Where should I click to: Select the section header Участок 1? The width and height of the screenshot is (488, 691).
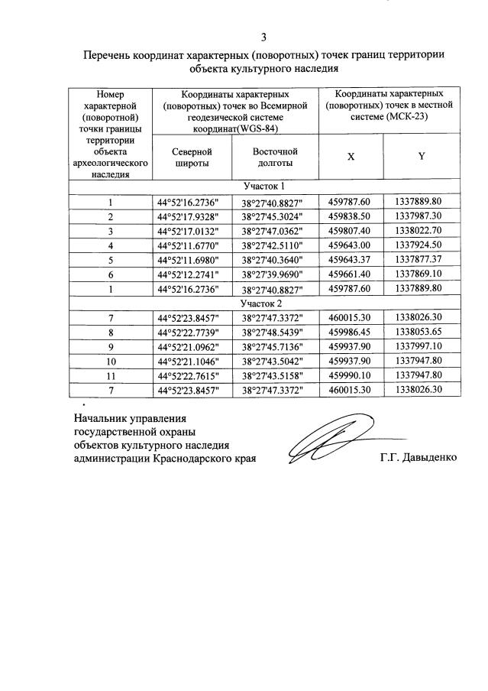click(263, 187)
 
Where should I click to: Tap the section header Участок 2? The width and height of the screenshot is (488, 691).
click(263, 303)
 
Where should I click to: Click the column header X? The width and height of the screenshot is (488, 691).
click(351, 156)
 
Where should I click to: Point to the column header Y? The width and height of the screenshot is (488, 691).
click(421, 156)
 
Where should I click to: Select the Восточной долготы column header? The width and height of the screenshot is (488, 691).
click(274, 157)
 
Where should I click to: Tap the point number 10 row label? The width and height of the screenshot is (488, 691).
click(111, 362)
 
